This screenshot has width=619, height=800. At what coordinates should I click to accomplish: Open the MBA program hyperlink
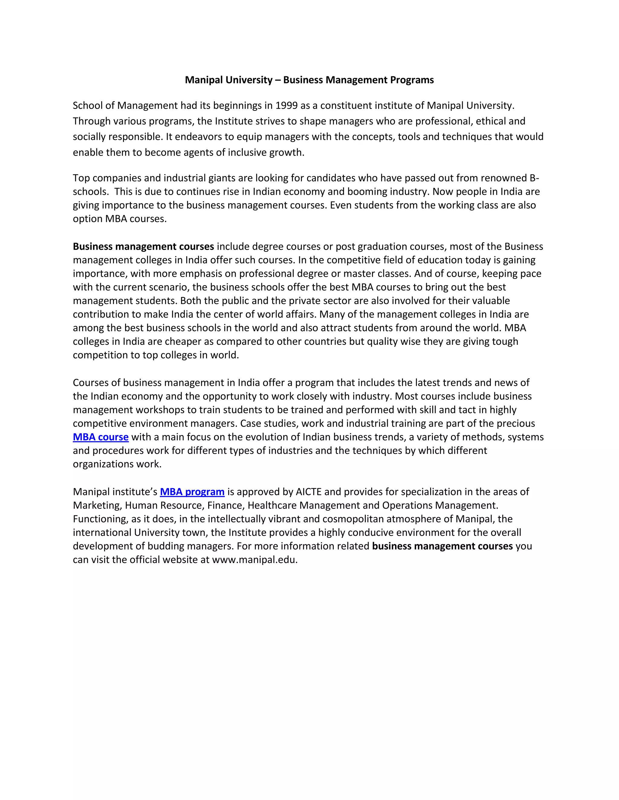192,491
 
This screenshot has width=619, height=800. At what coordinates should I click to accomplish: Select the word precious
516,424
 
